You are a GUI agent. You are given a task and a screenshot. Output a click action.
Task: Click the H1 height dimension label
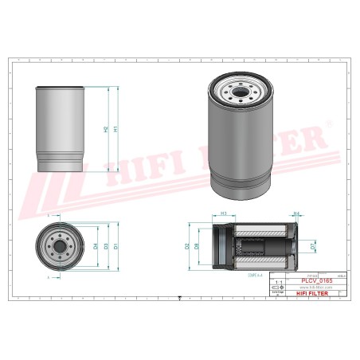point(116,129)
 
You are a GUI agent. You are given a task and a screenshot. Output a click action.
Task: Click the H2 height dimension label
point(106,129)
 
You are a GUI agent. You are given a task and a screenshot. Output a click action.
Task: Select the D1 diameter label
point(116,246)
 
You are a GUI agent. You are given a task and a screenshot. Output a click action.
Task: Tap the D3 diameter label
point(106,246)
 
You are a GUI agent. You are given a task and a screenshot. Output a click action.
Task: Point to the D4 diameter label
point(96,246)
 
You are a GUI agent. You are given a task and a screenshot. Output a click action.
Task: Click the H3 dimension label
point(224,214)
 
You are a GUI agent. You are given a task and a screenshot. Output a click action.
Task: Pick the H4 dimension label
point(295,213)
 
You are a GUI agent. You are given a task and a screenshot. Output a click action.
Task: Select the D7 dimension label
point(313,248)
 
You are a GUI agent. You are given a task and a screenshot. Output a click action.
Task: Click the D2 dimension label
point(187,247)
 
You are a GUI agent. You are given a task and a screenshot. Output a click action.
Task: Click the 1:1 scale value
point(277,282)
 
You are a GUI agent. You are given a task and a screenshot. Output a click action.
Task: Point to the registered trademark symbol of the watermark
point(329,124)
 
